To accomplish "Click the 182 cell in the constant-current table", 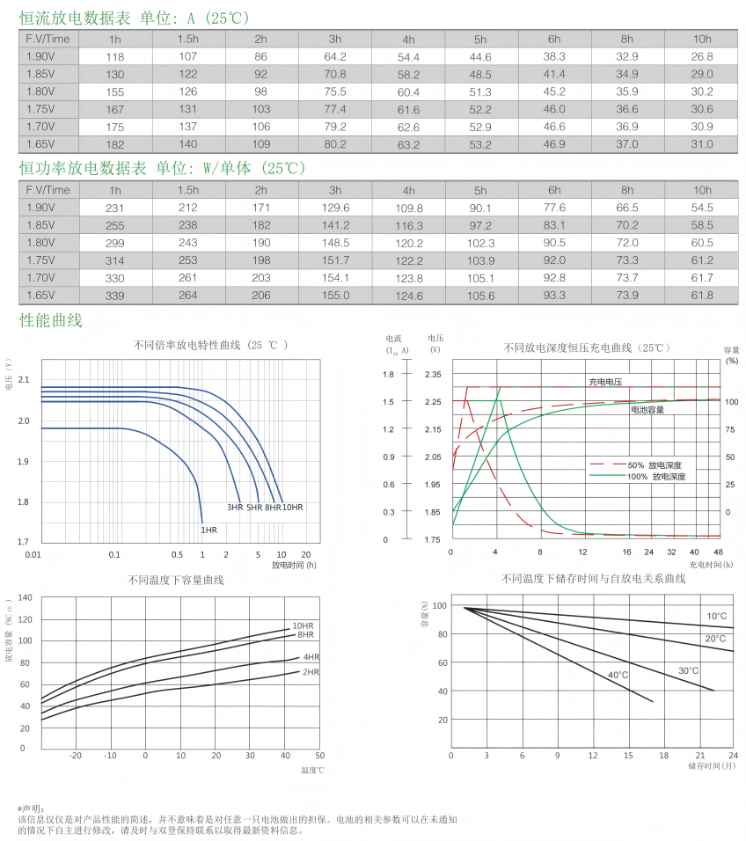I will pos(115,144).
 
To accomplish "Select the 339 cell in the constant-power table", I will pos(115,296).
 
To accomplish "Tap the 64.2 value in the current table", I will pos(335,57).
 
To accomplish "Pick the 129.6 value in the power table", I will pos(335,208).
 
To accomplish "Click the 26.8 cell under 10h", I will pos(702,57).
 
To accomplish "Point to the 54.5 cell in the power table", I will pos(702,208).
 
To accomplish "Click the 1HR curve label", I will pos(208,530).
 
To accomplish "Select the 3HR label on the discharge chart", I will pos(235,508).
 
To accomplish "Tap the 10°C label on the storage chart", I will pos(716,616).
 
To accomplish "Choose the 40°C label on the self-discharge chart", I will pos(618,675).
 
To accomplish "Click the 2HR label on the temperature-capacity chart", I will pos(311,672).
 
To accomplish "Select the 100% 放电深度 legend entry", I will pos(656,476).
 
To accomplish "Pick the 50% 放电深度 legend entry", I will pos(655,464).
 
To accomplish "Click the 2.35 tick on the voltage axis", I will pos(433,375).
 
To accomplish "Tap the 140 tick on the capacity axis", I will pos(25,598).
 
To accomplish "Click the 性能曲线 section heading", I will pos(51,320).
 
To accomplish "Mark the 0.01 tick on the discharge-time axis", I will pos(33,554).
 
